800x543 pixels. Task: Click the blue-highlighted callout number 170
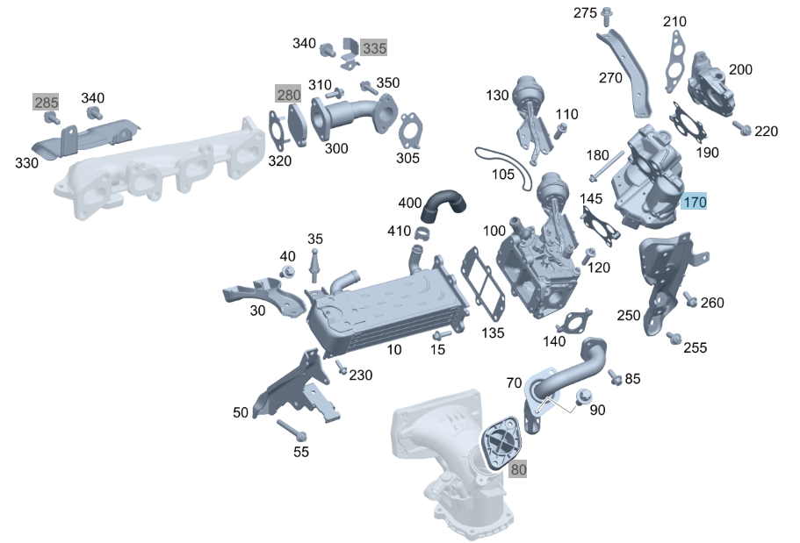695,202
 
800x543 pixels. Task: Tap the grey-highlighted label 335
374,48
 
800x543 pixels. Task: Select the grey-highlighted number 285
46,102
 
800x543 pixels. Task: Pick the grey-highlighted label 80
518,469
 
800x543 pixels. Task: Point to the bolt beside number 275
607,17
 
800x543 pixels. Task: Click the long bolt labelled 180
607,166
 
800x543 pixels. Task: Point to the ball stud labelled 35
314,264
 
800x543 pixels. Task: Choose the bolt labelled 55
292,431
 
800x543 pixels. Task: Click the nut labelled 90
583,397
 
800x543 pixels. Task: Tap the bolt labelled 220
742,127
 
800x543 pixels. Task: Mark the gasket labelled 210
675,61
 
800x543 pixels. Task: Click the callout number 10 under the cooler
394,349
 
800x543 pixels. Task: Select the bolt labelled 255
674,337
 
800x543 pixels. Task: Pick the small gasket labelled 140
574,322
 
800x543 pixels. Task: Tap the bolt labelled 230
341,367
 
